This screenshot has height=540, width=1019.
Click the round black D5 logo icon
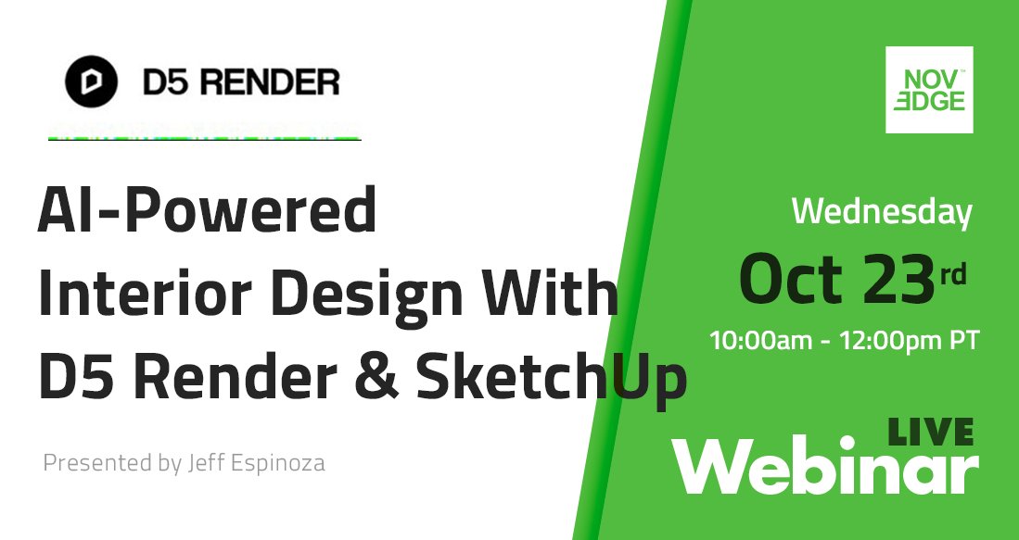pyautogui.click(x=91, y=82)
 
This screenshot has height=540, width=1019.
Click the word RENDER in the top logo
pyautogui.click(x=270, y=83)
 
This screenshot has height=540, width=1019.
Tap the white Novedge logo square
pyautogui.click(x=929, y=90)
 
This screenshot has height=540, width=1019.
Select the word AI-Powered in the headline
pyautogui.click(x=207, y=212)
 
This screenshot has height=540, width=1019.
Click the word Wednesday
pyautogui.click(x=881, y=212)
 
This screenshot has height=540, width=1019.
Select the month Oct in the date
pyautogui.click(x=791, y=278)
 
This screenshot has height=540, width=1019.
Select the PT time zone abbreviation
pyautogui.click(x=962, y=340)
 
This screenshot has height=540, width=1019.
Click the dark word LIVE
pyautogui.click(x=930, y=432)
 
